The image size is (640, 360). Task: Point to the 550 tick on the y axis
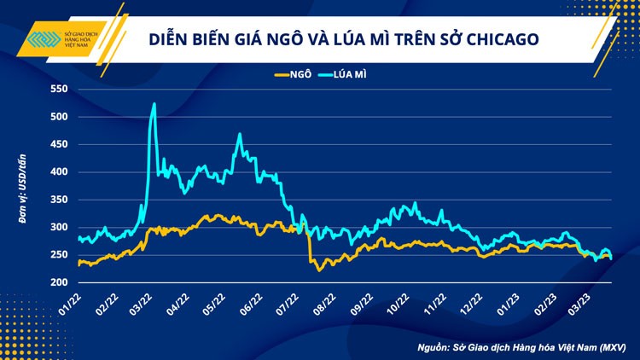point(58,90)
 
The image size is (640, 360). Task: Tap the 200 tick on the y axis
point(58,282)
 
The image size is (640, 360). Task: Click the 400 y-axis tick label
point(58,172)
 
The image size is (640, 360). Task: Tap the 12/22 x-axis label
point(472,300)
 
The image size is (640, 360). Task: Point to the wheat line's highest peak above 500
point(154,104)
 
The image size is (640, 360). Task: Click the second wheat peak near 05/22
point(240,134)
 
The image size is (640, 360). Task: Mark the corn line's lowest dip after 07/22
point(319,270)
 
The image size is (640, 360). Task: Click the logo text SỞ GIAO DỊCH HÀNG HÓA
point(85,40)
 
